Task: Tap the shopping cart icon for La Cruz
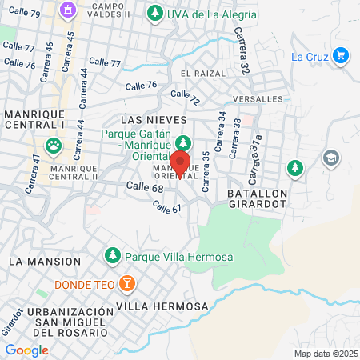341,55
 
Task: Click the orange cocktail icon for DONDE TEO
126,283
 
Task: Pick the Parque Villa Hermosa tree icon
112,255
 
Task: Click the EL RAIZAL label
204,73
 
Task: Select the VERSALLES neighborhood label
258,98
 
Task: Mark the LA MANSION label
45,262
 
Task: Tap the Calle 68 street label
145,187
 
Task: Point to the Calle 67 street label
167,206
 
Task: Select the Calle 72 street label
187,98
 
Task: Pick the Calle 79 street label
22,13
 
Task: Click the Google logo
26,350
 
